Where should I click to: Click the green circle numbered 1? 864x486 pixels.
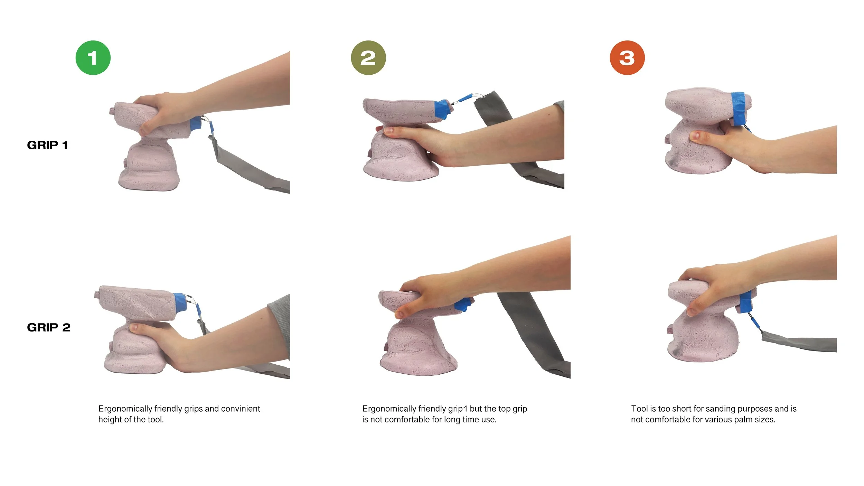(93, 58)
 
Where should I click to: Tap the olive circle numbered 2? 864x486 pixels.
(368, 58)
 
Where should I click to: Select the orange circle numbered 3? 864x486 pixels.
(627, 58)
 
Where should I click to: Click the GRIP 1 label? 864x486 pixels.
(47, 145)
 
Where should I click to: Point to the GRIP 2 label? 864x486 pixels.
(49, 327)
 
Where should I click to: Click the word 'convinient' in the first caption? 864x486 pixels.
(241, 409)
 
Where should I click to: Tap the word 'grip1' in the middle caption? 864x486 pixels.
(457, 409)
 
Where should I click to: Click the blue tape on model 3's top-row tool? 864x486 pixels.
(739, 108)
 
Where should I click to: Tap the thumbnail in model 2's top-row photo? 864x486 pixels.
(389, 131)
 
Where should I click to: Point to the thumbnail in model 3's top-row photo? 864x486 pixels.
(695, 136)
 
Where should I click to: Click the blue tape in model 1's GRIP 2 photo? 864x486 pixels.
(180, 302)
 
